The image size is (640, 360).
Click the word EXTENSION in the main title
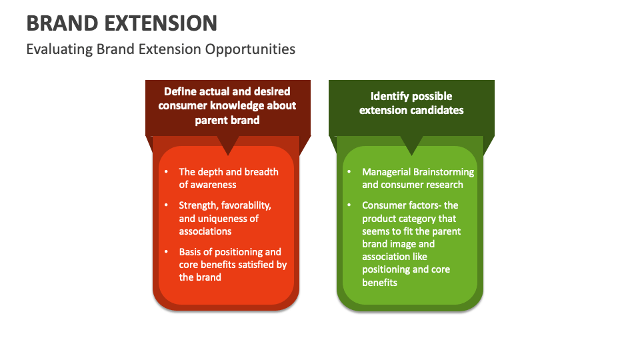[160, 23]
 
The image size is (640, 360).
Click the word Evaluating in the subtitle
[59, 49]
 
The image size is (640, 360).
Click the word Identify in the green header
[391, 97]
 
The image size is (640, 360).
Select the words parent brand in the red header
[227, 120]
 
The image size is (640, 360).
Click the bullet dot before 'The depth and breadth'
[167, 172]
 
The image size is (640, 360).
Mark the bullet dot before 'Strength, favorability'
[167, 205]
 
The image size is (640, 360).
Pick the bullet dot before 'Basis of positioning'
[167, 252]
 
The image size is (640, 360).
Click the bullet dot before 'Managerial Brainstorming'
[349, 172]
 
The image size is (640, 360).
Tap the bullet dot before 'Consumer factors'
[349, 205]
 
